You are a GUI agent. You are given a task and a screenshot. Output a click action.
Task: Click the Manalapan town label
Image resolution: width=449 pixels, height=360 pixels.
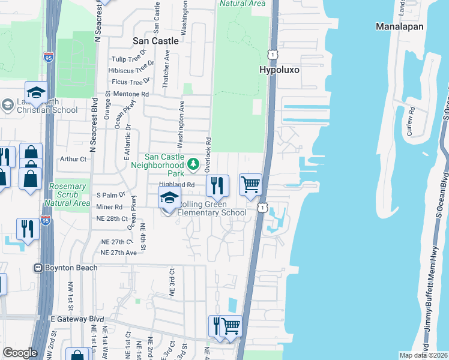399,26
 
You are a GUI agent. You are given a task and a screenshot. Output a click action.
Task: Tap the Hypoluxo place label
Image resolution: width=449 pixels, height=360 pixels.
279,70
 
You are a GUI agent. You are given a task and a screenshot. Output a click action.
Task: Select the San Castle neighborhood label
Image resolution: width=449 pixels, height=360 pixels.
155,41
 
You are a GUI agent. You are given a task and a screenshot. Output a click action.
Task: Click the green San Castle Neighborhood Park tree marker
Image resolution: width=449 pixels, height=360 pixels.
193,163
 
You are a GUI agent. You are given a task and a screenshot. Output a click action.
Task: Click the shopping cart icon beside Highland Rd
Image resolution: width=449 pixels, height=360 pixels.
250,185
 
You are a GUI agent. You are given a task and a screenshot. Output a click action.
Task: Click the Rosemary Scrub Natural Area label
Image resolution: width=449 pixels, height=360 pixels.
67,194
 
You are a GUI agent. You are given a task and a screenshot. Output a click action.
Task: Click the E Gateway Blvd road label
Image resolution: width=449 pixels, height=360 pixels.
78,319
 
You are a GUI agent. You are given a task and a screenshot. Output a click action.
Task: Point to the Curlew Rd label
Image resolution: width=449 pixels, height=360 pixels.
411,121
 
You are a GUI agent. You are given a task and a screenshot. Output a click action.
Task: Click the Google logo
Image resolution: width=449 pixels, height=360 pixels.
20,353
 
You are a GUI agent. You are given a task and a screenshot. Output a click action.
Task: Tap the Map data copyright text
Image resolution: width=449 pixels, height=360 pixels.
423,355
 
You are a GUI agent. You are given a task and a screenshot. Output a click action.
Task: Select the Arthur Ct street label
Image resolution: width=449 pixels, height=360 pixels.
74,160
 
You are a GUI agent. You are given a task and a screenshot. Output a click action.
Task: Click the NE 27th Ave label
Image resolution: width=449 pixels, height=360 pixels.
119,253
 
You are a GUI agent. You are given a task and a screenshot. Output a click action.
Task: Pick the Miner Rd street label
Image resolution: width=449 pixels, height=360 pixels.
109,207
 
